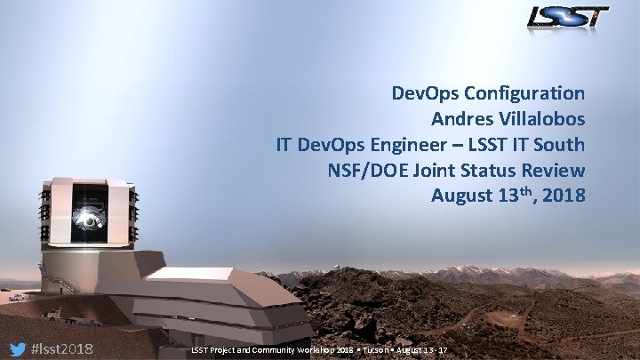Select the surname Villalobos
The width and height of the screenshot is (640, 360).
tap(543, 117)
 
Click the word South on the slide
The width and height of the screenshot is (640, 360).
tap(559, 144)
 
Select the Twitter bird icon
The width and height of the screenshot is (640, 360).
tap(17, 348)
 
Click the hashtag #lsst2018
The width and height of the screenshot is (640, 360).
tap(63, 348)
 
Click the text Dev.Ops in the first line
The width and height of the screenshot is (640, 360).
tap(422, 92)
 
